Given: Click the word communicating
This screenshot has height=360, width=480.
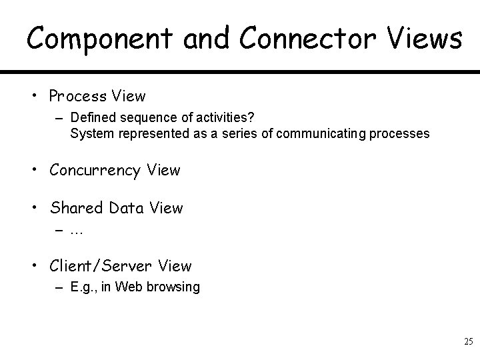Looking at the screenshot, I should coord(317,133).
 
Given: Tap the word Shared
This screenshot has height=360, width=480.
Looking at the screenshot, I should coord(75,208).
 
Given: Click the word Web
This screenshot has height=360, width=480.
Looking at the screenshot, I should coord(131,287).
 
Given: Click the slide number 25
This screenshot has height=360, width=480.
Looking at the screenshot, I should coord(468,342).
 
